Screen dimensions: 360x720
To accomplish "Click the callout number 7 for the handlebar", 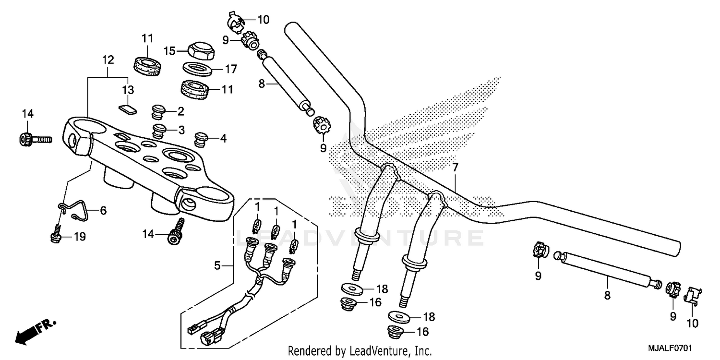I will click(455, 168).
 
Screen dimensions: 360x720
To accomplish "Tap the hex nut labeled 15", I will click(198, 50).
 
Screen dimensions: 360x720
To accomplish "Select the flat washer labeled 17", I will click(199, 69).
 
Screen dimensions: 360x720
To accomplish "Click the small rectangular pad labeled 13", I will click(127, 108).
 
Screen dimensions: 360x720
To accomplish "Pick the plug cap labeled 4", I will click(201, 139).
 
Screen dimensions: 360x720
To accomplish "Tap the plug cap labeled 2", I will click(158, 111).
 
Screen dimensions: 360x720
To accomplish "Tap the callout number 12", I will click(108, 60).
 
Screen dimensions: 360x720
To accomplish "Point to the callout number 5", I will click(217, 265).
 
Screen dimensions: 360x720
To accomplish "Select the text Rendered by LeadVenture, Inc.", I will click(360, 351).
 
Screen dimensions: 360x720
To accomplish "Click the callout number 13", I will click(127, 90).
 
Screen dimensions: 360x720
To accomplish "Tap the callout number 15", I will click(169, 50).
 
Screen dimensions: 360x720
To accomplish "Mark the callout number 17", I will click(231, 69).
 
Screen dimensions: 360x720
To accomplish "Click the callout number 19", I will click(79, 237).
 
